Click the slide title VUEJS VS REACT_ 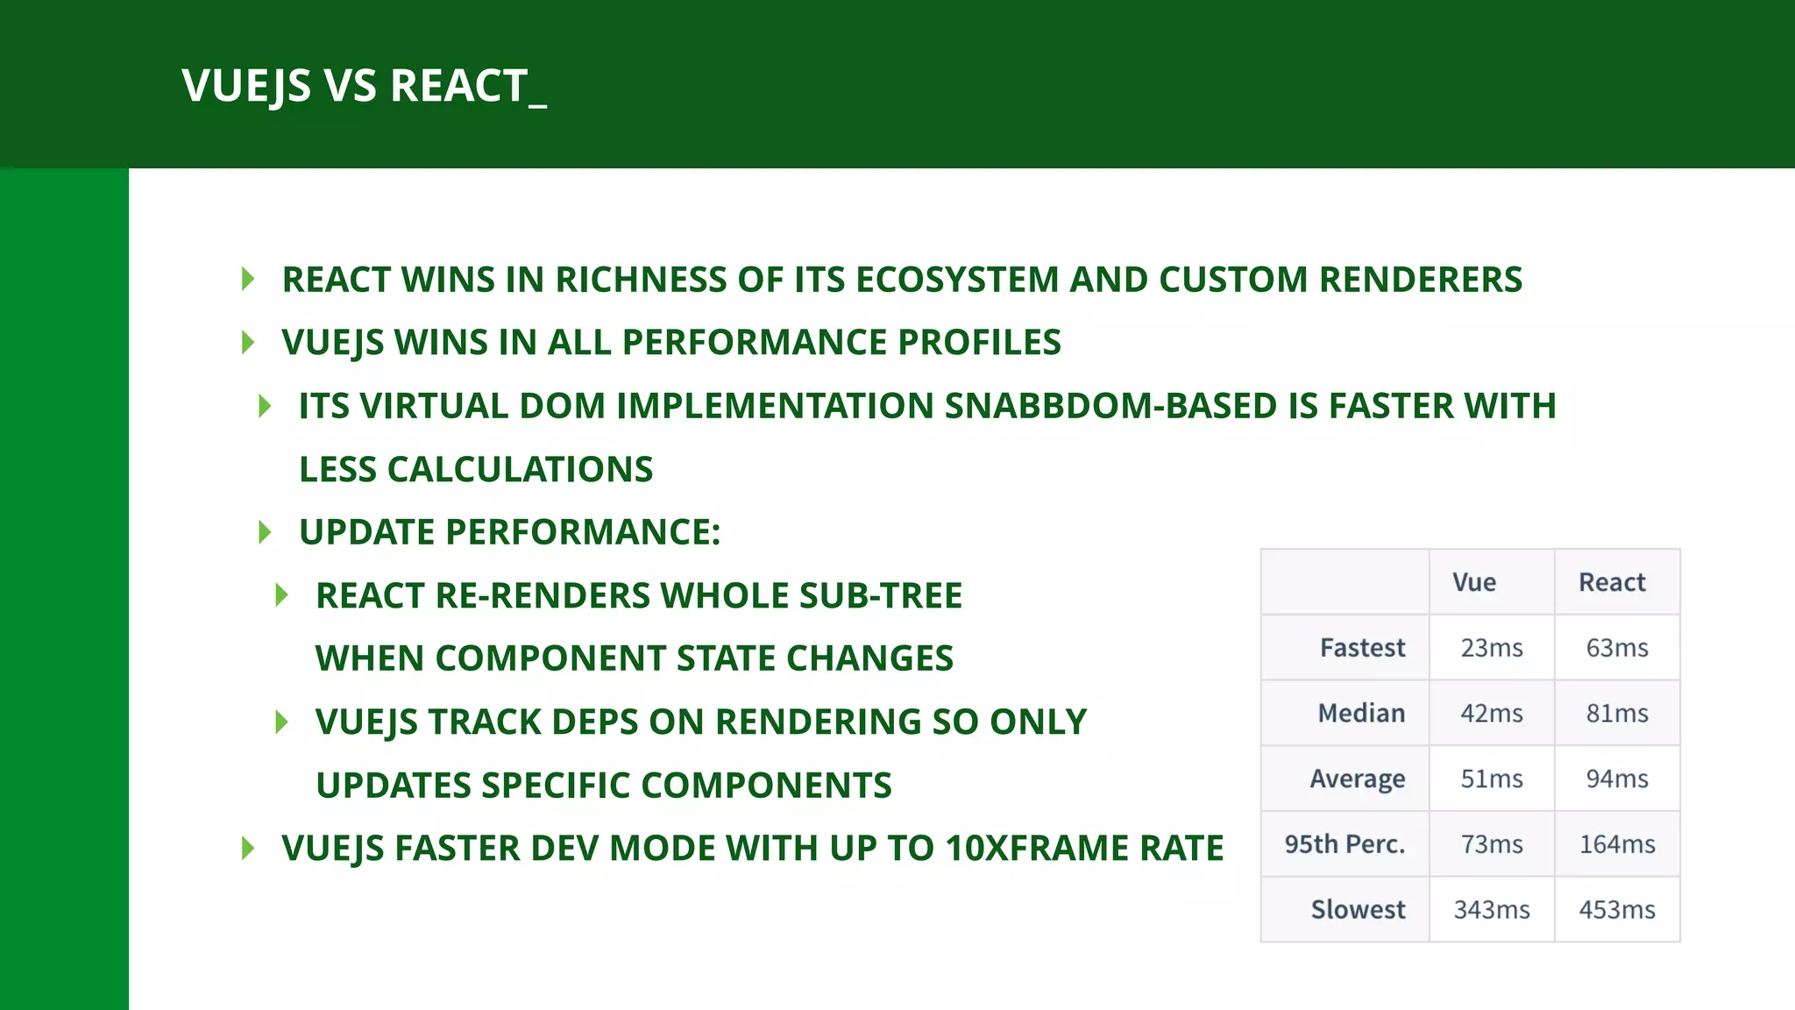[x=364, y=86]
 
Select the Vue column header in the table [x=1474, y=582]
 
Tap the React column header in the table [x=1612, y=582]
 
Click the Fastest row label [x=1362, y=648]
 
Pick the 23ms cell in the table [x=1492, y=648]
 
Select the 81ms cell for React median [x=1617, y=714]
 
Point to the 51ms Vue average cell [x=1492, y=779]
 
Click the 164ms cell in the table [x=1617, y=844]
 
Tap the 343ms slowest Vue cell [x=1492, y=910]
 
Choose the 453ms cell [x=1617, y=910]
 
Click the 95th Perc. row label [x=1344, y=844]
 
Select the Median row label [x=1361, y=714]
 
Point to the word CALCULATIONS [x=520, y=470]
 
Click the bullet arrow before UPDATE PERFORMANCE [x=265, y=532]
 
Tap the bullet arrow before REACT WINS [x=248, y=280]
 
